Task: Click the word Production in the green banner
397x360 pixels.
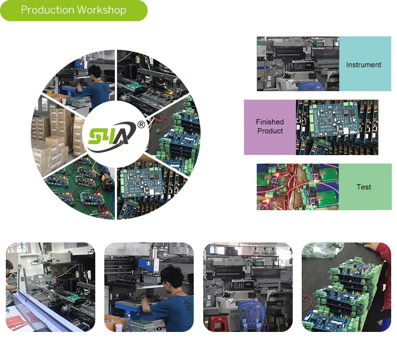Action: [47, 10]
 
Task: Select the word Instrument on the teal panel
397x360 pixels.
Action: [364, 65]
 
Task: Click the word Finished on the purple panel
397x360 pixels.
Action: [270, 122]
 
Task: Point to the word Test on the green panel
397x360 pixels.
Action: [364, 187]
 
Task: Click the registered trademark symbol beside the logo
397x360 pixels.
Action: [141, 124]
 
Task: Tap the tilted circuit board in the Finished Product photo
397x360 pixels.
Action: [334, 124]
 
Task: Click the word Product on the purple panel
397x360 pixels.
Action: [270, 131]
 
